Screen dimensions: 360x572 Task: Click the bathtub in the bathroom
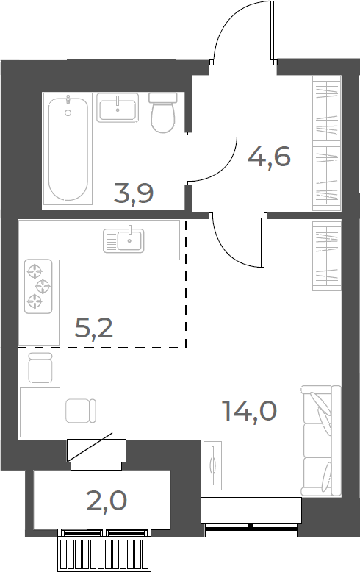pyautogui.click(x=68, y=149)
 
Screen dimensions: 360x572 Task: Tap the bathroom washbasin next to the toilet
pyautogui.click(x=118, y=107)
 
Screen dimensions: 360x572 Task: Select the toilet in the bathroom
pyautogui.click(x=162, y=112)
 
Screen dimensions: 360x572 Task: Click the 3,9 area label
pyautogui.click(x=134, y=193)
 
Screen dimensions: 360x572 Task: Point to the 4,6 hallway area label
pyautogui.click(x=270, y=157)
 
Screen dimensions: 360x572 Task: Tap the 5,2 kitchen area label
pyautogui.click(x=94, y=328)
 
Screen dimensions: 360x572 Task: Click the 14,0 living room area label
pyautogui.click(x=250, y=411)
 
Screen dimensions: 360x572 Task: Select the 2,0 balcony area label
pyautogui.click(x=107, y=501)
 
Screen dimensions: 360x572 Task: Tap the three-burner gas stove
pyautogui.click(x=38, y=286)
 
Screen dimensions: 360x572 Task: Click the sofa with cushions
pyautogui.click(x=321, y=441)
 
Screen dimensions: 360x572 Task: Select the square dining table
pyautogui.click(x=40, y=412)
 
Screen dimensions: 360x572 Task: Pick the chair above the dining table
pyautogui.click(x=40, y=368)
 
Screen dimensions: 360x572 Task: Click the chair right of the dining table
pyautogui.click(x=81, y=411)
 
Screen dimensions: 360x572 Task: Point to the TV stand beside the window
pyautogui.click(x=212, y=465)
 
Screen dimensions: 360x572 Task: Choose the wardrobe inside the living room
pyautogui.click(x=327, y=256)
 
